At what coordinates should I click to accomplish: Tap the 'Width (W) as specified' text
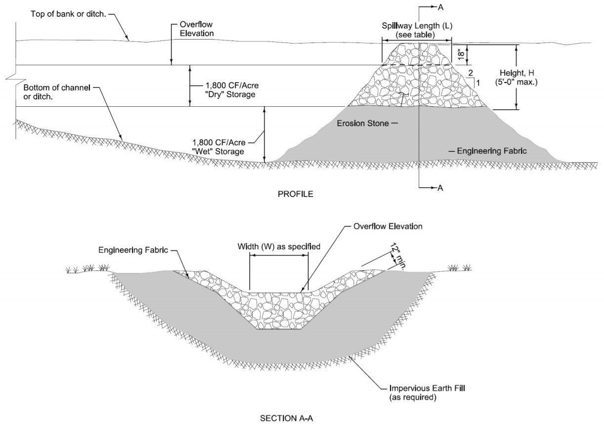point(279,246)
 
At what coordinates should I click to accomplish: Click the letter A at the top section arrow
point(440,7)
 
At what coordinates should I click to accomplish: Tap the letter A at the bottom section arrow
point(440,187)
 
